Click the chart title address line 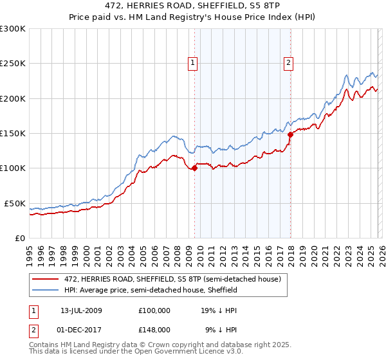click(x=193, y=5)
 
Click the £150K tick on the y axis click(x=13, y=134)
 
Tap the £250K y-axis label click(x=13, y=64)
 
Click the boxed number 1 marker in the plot click(x=193, y=62)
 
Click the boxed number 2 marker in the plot click(x=288, y=62)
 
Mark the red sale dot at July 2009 click(x=194, y=168)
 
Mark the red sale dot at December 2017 click(x=290, y=134)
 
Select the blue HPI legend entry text click(x=151, y=290)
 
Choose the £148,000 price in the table click(x=154, y=329)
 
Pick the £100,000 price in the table click(x=154, y=310)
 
